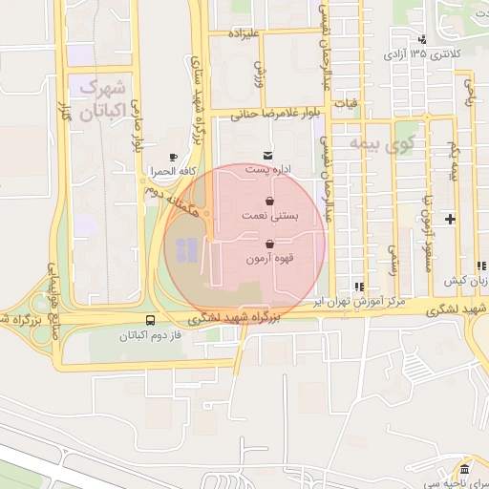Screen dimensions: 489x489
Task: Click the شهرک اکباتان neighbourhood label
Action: [x=101, y=99]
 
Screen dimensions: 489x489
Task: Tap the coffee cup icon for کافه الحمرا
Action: [x=173, y=158]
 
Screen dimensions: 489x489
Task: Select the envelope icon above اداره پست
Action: [x=266, y=155]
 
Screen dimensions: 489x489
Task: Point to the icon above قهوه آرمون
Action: [x=271, y=244]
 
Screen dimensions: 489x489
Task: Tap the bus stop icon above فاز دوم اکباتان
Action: [x=150, y=321]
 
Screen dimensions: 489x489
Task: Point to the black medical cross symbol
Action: [x=451, y=220]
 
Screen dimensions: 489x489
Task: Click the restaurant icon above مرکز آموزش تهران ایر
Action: [x=358, y=286]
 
